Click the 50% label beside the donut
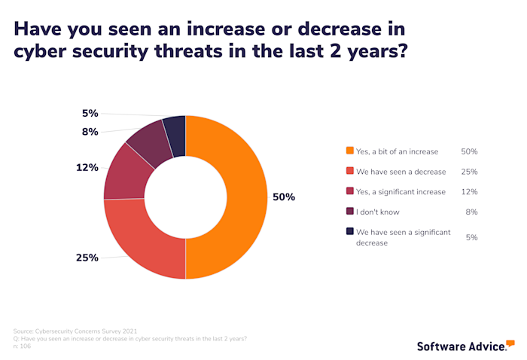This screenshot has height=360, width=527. coord(284,197)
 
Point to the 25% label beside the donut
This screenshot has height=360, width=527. coord(87,258)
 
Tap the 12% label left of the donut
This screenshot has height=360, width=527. coord(87,167)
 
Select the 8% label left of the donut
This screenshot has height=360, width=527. coord(90,132)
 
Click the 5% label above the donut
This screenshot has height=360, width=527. coord(90,114)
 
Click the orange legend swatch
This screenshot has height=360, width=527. coord(349,151)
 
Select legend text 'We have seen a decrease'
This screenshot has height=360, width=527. coord(401,172)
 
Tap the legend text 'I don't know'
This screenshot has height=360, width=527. coord(379,212)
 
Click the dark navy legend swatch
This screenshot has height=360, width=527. coord(349,233)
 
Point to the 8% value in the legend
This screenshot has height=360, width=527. coord(471,212)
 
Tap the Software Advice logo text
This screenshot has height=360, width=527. coord(461,346)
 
